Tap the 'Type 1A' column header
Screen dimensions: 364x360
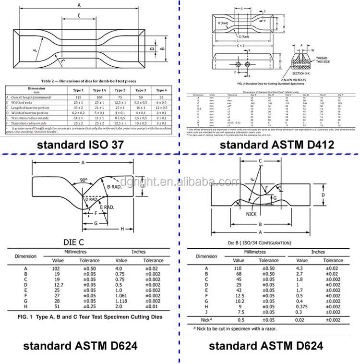coord(99,90)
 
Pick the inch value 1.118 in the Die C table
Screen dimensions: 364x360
coord(121,301)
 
